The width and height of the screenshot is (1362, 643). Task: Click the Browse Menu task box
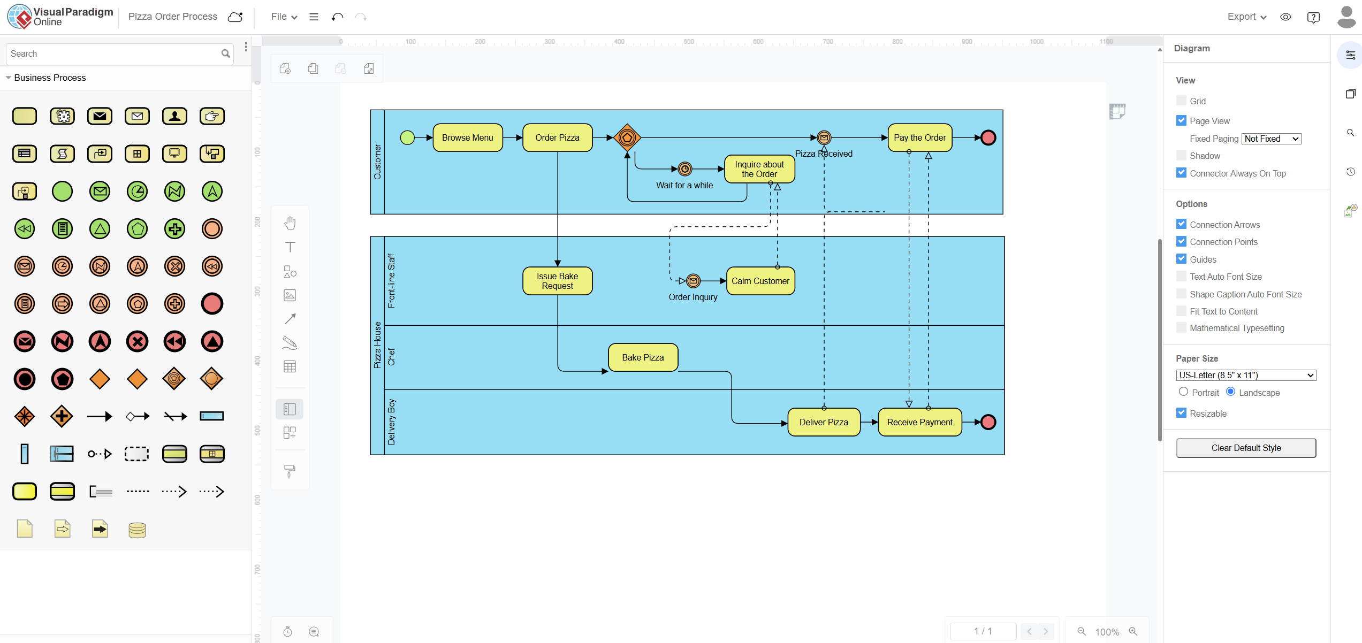467,137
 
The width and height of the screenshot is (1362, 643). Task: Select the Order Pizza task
557,137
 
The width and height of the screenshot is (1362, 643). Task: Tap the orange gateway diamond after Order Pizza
627,137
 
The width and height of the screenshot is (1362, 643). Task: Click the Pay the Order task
919,137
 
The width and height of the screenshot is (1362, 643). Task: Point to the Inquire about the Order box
759,169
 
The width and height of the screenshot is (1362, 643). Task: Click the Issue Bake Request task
557,281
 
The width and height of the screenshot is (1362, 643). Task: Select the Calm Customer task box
760,281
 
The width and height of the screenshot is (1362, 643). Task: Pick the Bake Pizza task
643,357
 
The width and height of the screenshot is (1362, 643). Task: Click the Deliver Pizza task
824,422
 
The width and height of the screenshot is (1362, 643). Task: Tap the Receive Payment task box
919,422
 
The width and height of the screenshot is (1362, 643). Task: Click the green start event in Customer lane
407,137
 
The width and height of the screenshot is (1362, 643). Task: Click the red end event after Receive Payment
988,422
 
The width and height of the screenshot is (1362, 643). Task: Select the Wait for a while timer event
684,169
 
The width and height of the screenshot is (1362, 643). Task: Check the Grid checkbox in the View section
1181,101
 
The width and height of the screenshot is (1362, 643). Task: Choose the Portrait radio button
1183,392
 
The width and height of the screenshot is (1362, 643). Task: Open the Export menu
1246,17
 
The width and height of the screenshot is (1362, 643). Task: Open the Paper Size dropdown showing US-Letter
1246,375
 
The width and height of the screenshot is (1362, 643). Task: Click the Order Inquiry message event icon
693,280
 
